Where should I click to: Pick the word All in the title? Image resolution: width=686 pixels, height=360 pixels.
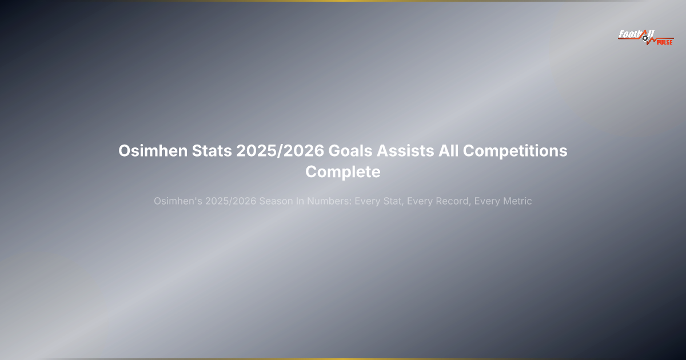coord(448,151)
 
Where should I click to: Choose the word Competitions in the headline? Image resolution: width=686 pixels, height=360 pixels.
coord(514,151)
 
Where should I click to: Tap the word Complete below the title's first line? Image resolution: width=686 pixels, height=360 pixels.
coord(343,171)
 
